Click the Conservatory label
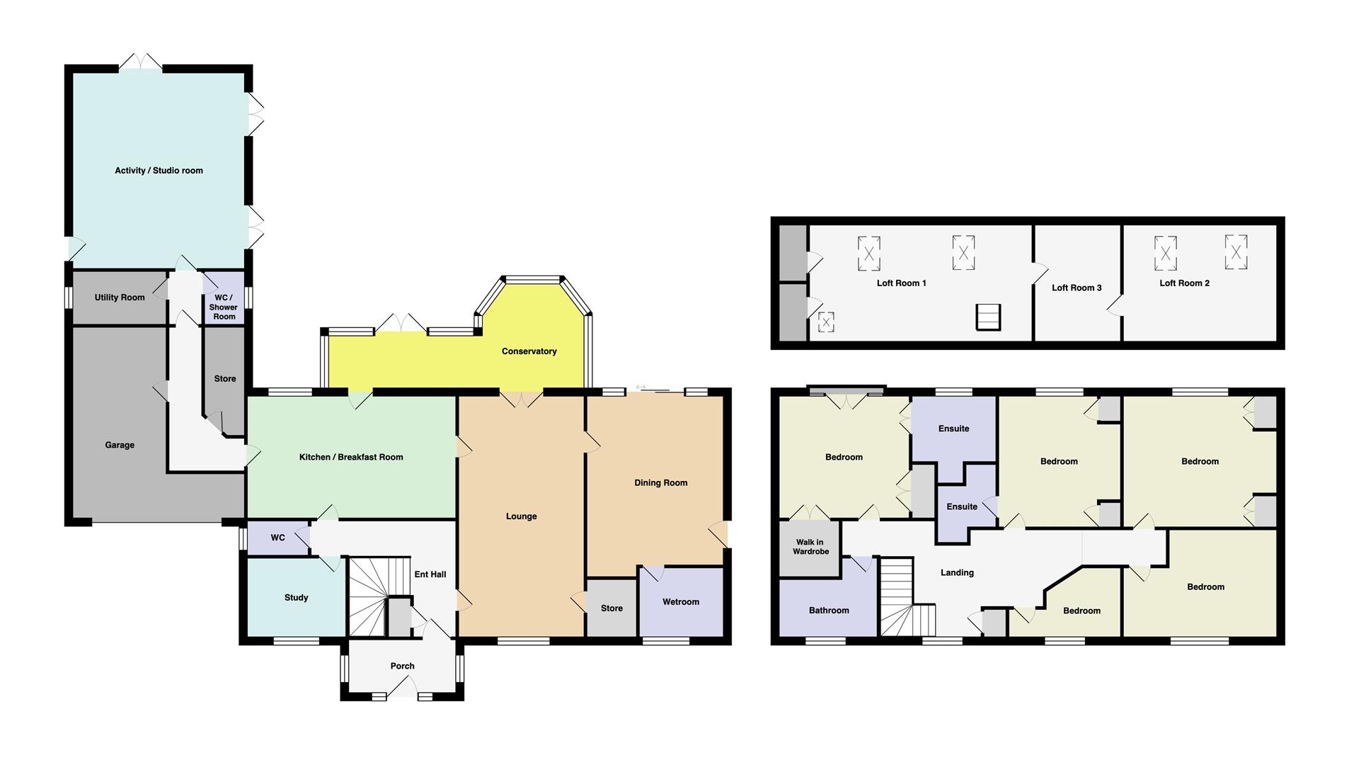pyautogui.click(x=529, y=351)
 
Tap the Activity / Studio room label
pyautogui.click(x=159, y=171)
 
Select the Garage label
pyautogui.click(x=120, y=446)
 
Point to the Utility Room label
pyautogui.click(x=120, y=297)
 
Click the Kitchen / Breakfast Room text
pyautogui.click(x=351, y=458)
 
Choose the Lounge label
pyautogui.click(x=521, y=516)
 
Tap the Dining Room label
pyautogui.click(x=660, y=483)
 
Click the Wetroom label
pyautogui.click(x=681, y=602)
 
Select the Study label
pyautogui.click(x=296, y=598)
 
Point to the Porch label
pyautogui.click(x=402, y=666)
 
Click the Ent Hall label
pyautogui.click(x=430, y=574)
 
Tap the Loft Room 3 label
pyautogui.click(x=1077, y=288)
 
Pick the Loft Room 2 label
pyautogui.click(x=1184, y=283)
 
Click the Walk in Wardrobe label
pyautogui.click(x=810, y=547)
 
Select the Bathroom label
pyautogui.click(x=829, y=611)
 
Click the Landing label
pyautogui.click(x=957, y=573)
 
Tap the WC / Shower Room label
pyautogui.click(x=224, y=307)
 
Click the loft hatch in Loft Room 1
pyautogui.click(x=989, y=317)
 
